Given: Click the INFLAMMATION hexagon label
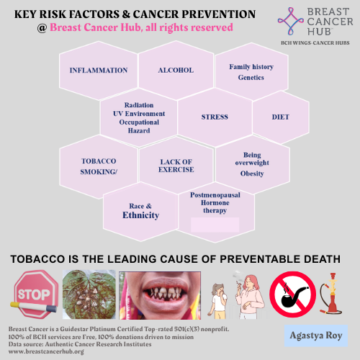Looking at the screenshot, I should tap(98, 71).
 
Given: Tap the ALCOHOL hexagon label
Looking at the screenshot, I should tap(176, 71).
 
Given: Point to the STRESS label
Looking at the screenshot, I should tap(215, 117).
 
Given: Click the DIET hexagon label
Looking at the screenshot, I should tap(280, 116).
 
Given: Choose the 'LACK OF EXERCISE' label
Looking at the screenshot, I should tap(177, 166).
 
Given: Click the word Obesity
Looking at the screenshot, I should tap(252, 173).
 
